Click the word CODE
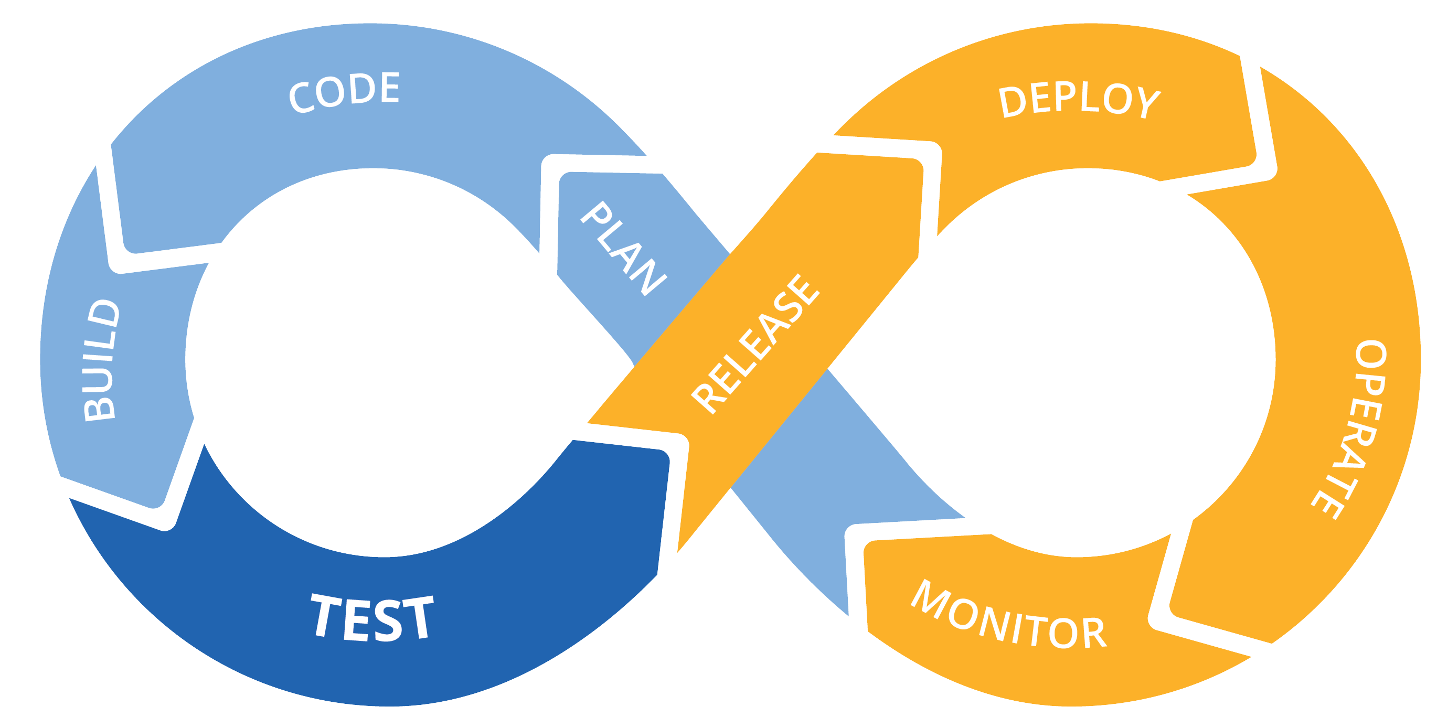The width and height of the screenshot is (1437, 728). [344, 91]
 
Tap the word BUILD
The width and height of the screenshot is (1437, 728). [100, 360]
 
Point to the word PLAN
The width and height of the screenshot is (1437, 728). [623, 247]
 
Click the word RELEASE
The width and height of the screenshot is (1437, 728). [755, 344]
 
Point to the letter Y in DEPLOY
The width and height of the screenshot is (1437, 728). [1148, 102]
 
